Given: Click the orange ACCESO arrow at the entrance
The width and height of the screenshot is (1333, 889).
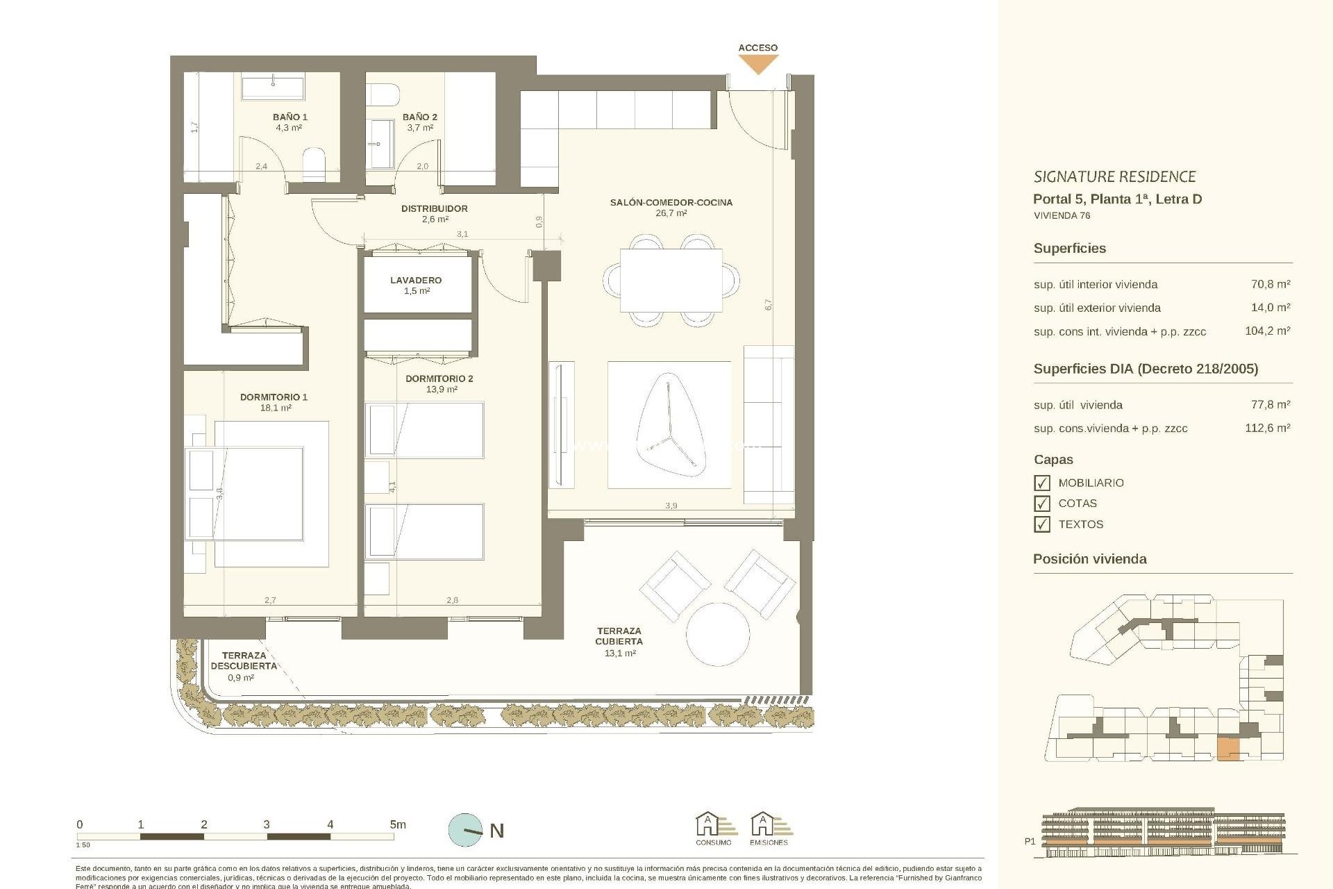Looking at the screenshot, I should (757, 64).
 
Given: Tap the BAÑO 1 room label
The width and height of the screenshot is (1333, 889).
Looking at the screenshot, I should (290, 117).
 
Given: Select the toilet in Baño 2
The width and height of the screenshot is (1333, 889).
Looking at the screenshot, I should (383, 94).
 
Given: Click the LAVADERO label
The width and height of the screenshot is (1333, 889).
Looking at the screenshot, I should (416, 281).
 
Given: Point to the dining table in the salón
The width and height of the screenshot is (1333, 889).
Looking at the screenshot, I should (671, 281).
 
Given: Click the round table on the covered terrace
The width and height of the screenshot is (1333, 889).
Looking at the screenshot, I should (718, 633).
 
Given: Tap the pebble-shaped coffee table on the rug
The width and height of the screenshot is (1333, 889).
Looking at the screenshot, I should (671, 425).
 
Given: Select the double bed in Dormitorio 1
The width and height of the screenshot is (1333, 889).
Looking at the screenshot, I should (258, 493).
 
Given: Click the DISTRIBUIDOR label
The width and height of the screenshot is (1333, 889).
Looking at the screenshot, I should (434, 208).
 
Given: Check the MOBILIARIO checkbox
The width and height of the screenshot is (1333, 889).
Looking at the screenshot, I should (1041, 483).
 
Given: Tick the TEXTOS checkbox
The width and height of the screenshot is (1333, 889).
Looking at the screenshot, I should (1041, 524).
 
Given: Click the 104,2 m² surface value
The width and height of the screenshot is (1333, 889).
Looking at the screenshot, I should (1267, 331).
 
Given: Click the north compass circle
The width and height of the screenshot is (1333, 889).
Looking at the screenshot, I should (465, 830).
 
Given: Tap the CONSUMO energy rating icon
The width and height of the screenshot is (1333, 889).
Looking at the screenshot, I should (713, 826).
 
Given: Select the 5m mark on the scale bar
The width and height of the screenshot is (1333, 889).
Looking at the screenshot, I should (397, 825).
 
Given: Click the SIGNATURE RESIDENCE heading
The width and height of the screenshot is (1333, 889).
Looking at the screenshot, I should (1114, 177).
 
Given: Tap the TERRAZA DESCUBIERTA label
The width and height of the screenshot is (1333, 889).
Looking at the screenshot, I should (244, 660).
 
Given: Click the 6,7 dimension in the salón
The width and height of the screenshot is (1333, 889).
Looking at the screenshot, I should (768, 304).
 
